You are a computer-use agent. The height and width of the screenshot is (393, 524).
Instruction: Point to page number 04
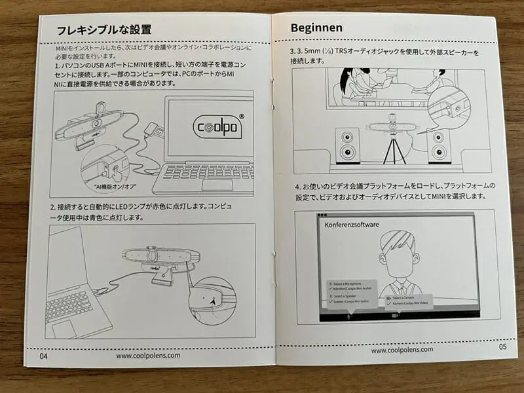coord(44,356)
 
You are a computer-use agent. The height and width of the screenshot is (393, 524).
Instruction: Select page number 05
coord(502,348)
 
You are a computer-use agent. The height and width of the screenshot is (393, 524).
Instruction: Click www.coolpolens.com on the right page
coord(402,350)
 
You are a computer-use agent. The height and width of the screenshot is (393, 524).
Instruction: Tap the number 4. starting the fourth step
coord(297,185)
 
